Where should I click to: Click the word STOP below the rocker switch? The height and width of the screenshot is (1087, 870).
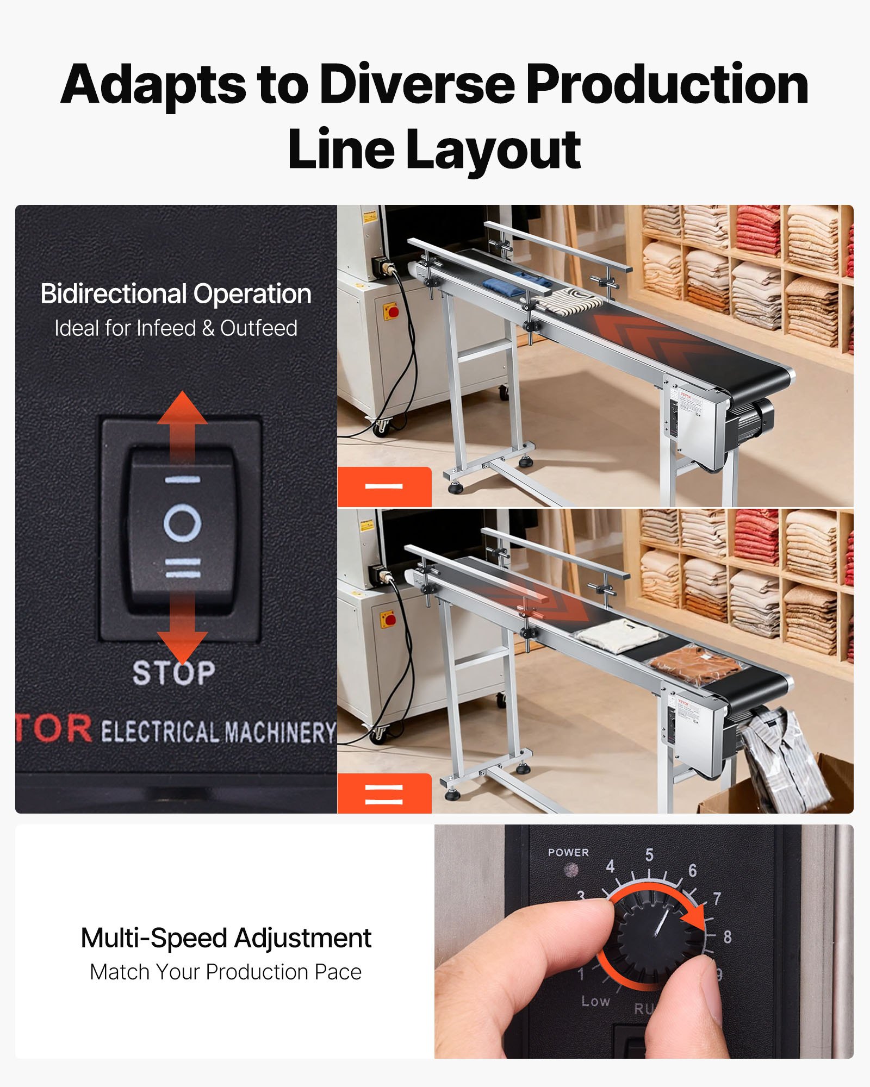174,672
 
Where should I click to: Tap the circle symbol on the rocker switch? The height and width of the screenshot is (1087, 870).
183,523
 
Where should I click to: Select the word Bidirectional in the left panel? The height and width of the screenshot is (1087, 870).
114,294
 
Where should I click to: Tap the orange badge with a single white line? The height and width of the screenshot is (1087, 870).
384,486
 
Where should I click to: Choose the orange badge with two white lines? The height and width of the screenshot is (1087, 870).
384,794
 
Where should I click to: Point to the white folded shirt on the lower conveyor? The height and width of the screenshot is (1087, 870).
614,635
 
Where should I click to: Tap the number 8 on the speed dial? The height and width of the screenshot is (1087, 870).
728,936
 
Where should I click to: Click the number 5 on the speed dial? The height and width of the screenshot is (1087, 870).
649,854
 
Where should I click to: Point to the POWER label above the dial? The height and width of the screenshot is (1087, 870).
568,852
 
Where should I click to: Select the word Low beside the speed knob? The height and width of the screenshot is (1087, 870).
595,1001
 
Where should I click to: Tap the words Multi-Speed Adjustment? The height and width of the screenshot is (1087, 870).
226,938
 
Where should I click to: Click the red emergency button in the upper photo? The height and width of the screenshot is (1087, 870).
393,311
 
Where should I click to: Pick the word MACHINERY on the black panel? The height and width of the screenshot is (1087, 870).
280,732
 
